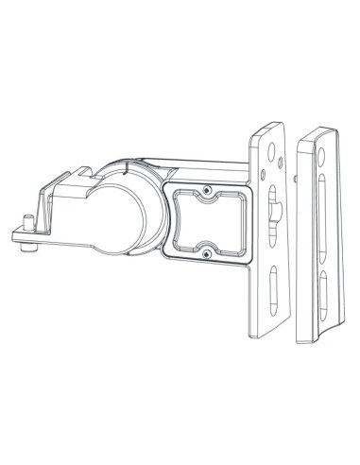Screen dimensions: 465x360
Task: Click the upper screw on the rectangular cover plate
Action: (x=206, y=192)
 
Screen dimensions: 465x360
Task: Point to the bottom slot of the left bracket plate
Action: (x=272, y=287)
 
